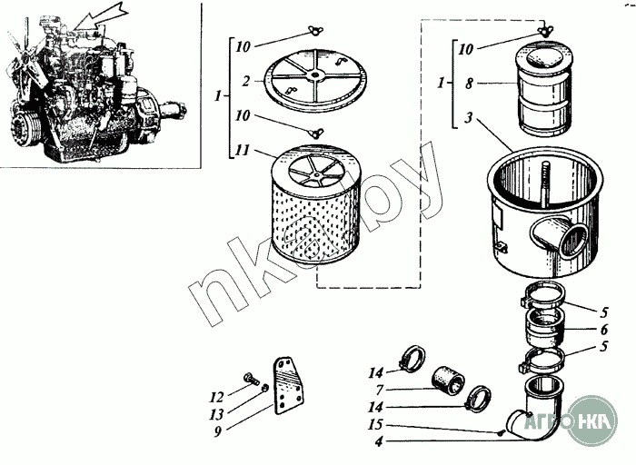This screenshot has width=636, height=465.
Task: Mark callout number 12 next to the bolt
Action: click(216, 396)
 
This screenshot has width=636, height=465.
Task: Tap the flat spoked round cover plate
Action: click(313, 75)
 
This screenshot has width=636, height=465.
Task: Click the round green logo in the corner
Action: click(591, 420)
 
